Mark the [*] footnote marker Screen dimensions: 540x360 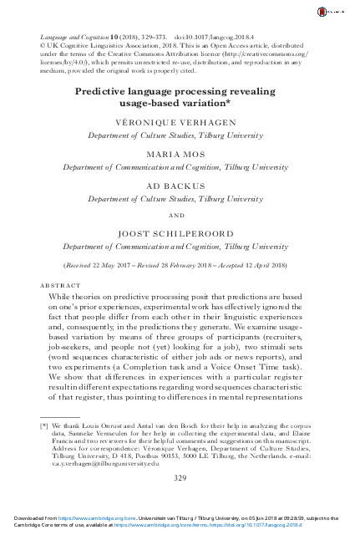pyautogui.click(x=43, y=425)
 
